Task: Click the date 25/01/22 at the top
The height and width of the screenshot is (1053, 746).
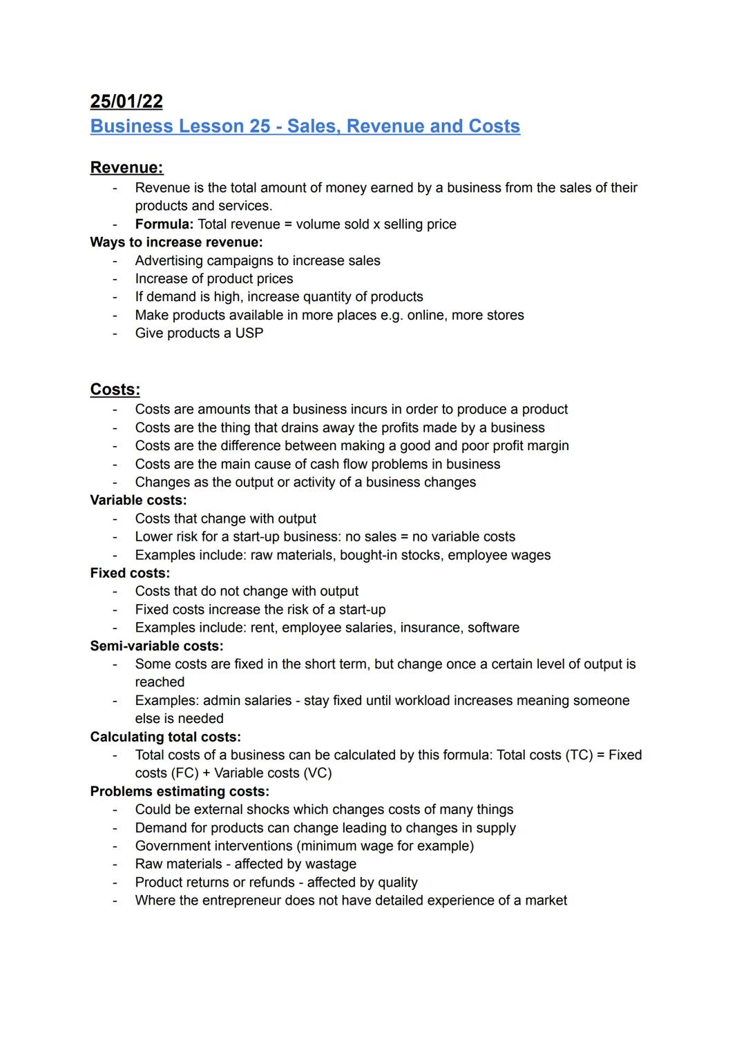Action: point(126,102)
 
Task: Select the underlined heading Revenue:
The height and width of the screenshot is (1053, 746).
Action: point(126,168)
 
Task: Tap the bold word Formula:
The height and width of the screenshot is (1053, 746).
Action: point(164,224)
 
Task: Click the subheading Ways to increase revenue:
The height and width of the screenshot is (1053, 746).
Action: point(176,242)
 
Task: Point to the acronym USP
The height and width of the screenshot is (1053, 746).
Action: point(249,334)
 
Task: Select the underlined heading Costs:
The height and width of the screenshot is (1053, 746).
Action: point(115,389)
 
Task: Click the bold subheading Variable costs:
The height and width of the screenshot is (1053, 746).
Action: point(138,500)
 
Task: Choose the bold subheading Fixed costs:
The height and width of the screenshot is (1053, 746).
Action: point(130,573)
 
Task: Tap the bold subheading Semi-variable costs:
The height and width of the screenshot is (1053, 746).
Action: point(157,646)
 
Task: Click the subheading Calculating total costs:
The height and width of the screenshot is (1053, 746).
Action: point(165,737)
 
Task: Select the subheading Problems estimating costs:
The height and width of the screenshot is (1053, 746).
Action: point(180,791)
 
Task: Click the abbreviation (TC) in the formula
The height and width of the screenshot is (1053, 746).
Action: point(579,755)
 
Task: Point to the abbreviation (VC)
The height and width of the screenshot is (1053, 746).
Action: point(318,773)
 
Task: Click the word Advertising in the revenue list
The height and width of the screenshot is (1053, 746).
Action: point(169,261)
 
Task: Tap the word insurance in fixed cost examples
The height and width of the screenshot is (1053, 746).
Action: point(430,628)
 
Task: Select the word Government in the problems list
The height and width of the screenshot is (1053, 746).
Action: point(174,846)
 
